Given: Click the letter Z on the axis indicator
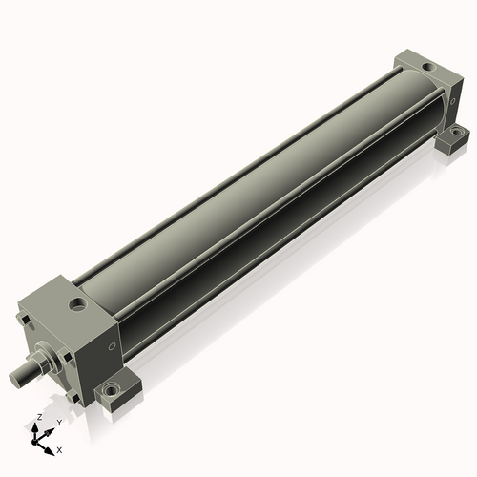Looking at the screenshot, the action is pos(40,417).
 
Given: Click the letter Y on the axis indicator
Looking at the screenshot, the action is pos(59,423).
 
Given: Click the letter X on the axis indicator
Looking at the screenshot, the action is pos(59,450).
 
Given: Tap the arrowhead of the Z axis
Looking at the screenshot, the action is pos(34,427).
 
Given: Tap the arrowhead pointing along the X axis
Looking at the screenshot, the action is pos(49,451).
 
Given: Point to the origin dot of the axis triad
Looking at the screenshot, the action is pos(34,442).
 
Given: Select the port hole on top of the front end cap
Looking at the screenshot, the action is pos(77,304).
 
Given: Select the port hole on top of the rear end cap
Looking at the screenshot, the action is pos(427,67).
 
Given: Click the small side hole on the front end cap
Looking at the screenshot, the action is pos(112,346).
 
